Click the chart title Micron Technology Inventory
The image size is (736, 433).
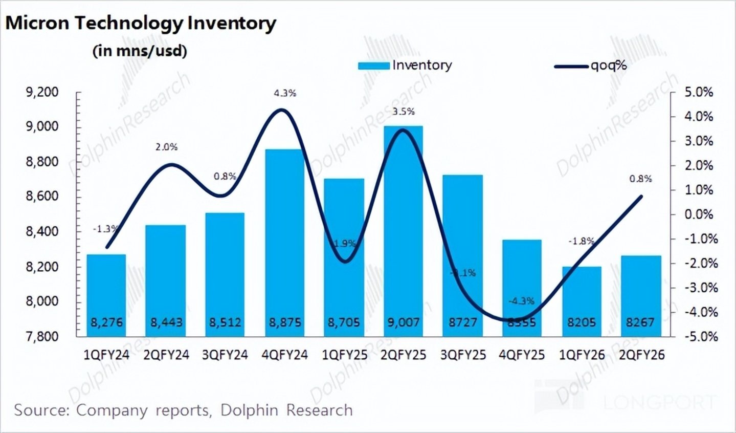[141, 24]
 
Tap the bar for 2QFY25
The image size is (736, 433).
[404, 230]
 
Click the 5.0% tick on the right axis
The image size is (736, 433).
[699, 92]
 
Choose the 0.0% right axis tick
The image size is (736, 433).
[699, 214]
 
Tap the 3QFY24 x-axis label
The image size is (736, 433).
[225, 355]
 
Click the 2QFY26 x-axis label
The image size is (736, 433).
[641, 355]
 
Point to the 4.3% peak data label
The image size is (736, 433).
[285, 93]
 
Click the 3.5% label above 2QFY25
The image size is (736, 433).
[404, 112]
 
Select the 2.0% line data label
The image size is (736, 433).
[167, 147]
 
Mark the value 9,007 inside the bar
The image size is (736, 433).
[404, 322]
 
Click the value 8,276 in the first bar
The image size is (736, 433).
[106, 322]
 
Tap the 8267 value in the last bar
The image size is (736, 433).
[641, 322]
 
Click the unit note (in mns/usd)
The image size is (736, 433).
[140, 51]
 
